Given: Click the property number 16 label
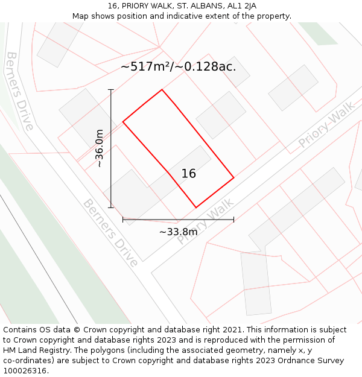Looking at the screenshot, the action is click(x=189, y=174).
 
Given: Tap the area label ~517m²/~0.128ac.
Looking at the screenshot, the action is click(x=178, y=66).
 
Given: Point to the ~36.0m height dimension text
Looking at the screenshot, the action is click(x=100, y=148).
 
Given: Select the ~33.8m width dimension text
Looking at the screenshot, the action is click(x=178, y=232).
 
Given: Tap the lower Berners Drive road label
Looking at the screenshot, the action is click(x=110, y=232).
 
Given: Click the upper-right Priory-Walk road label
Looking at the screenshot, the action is click(x=326, y=125).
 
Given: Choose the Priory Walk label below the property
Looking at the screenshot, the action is click(x=205, y=222).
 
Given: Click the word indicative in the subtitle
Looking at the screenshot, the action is click(x=191, y=16).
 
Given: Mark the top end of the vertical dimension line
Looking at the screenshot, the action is click(x=111, y=89).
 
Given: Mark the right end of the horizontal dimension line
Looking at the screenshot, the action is click(x=233, y=220).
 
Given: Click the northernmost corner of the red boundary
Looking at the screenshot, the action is click(x=162, y=90).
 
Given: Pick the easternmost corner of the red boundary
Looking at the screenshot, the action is click(x=233, y=178).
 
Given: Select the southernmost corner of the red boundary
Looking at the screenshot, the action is click(x=195, y=208).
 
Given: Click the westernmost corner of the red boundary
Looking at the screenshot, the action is click(x=123, y=122).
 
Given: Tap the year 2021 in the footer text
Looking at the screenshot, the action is click(x=231, y=330).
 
